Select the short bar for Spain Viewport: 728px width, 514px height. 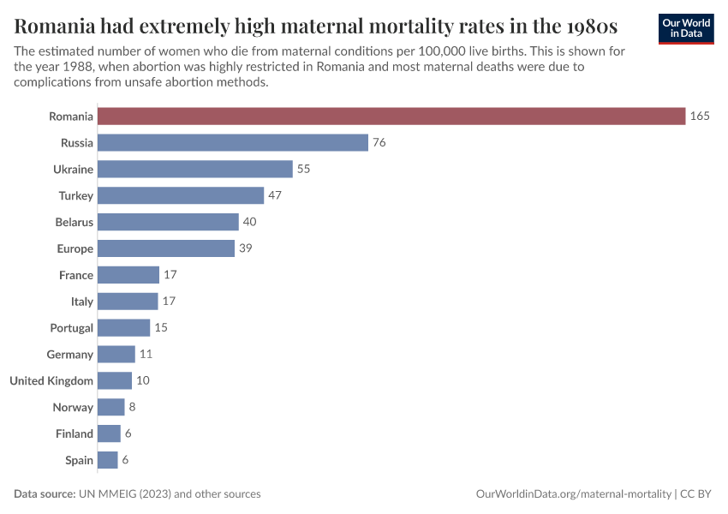point(107,460)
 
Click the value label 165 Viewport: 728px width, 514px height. point(700,116)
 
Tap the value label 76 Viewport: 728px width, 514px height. point(379,142)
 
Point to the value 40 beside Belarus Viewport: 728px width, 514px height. point(249,222)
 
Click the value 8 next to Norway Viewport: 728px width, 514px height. point(132,407)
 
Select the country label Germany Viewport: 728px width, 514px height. point(70,354)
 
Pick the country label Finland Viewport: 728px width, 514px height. point(75,433)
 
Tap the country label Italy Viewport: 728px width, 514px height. point(82,302)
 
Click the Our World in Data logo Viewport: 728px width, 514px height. point(685,27)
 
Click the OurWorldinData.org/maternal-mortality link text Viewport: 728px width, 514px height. point(573,494)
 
